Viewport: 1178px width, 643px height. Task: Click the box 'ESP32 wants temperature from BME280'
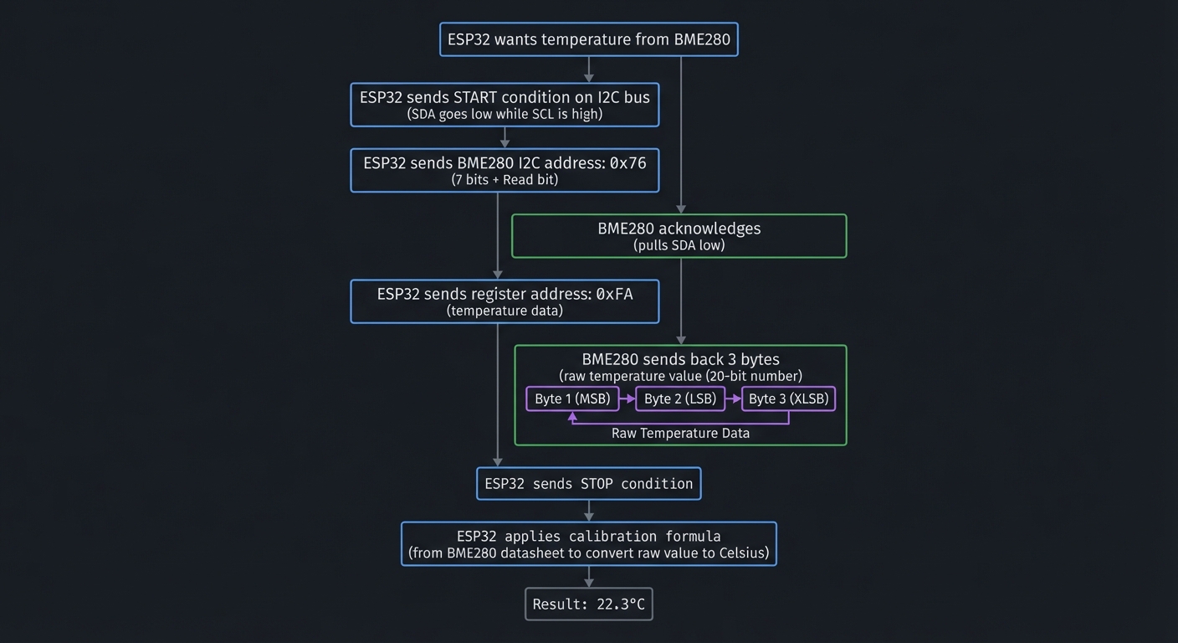click(588, 39)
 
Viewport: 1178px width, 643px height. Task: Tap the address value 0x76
click(627, 163)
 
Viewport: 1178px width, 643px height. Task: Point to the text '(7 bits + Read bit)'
click(504, 179)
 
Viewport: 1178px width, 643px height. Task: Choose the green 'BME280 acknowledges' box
click(679, 235)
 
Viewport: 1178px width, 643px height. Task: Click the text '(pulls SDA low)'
click(679, 245)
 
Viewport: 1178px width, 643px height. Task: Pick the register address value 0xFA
click(614, 294)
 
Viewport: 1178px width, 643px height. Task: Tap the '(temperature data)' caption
click(504, 311)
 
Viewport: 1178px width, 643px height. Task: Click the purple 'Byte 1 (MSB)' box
click(572, 399)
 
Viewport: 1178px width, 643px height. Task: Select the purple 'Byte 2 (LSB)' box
click(679, 399)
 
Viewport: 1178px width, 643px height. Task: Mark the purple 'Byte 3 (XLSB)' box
click(788, 399)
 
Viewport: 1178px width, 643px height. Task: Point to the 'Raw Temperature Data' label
click(680, 433)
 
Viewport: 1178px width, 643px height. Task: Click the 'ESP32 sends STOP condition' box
click(588, 484)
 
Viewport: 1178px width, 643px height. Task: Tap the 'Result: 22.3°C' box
click(588, 604)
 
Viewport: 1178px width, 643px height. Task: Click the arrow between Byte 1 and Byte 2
click(627, 399)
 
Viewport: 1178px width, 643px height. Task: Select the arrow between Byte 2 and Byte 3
click(733, 399)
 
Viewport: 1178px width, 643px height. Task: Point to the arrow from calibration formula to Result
click(589, 577)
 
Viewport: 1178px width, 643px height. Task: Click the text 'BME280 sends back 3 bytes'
click(680, 360)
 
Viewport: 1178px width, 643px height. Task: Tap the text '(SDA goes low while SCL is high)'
click(504, 114)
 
